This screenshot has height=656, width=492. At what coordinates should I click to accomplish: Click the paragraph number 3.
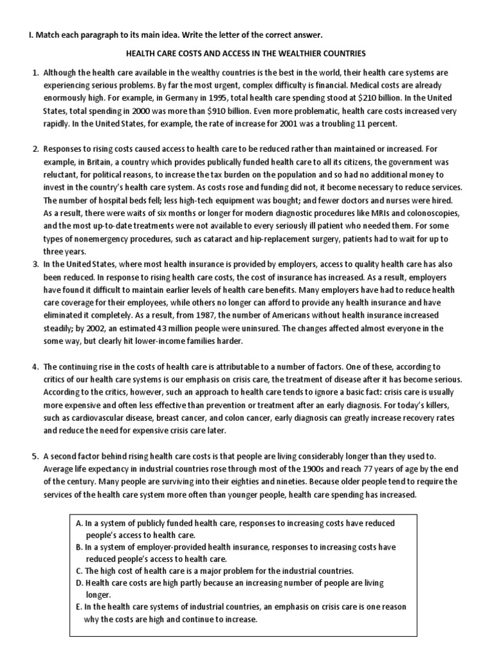(36, 264)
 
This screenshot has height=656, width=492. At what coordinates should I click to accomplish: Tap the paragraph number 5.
(36, 456)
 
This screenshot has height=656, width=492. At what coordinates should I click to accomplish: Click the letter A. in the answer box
(79, 523)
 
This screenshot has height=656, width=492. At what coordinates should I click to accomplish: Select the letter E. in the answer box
(79, 607)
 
